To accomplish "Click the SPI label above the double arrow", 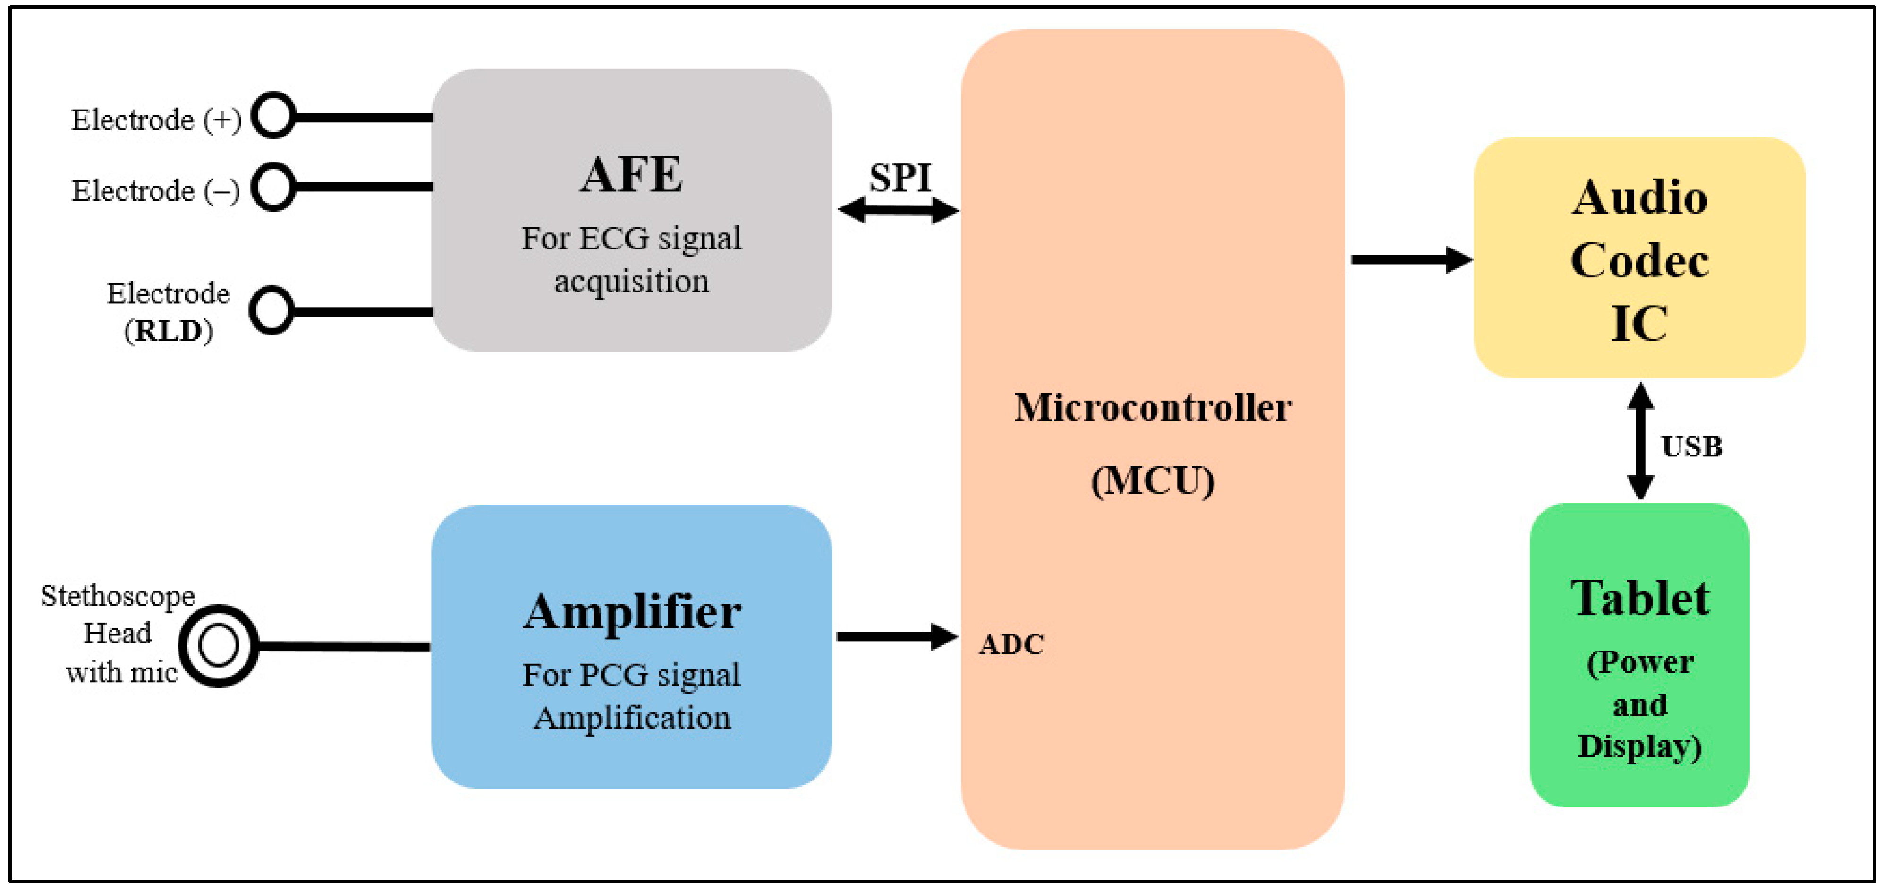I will pyautogui.click(x=900, y=178).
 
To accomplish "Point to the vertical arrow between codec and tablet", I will pyautogui.click(x=1640, y=441).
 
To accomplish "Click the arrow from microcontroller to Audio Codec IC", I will pyautogui.click(x=1410, y=260).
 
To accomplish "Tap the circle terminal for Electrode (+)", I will pyautogui.click(x=273, y=116).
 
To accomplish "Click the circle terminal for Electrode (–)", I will pyautogui.click(x=273, y=187).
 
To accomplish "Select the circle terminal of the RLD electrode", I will pyautogui.click(x=272, y=310).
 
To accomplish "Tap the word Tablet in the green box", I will pyautogui.click(x=1640, y=599).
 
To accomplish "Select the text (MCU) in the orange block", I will pyautogui.click(x=1153, y=481).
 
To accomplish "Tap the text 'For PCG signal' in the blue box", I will pyautogui.click(x=631, y=675).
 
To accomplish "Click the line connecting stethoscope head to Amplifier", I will pyautogui.click(x=344, y=647).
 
